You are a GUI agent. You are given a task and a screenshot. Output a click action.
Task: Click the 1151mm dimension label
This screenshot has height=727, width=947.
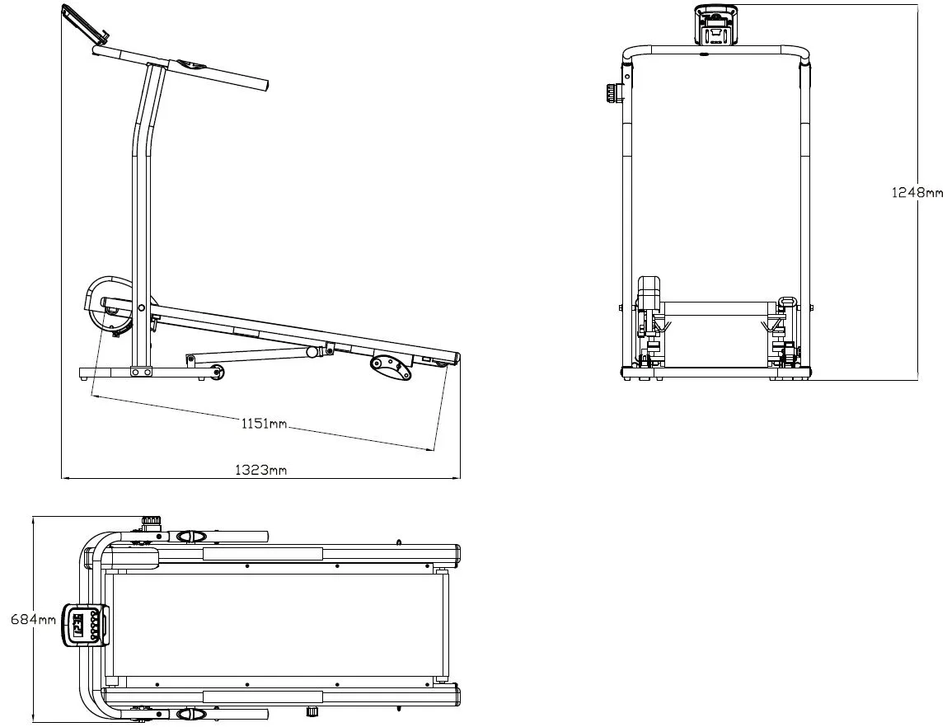pos(264,424)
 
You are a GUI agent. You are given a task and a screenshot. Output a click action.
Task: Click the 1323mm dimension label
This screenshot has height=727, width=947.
pos(261,470)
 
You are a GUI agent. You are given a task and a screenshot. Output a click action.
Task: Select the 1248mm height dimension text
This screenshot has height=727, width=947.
pos(917,192)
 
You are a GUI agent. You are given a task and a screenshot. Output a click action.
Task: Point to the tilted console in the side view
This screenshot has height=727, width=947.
pos(87,26)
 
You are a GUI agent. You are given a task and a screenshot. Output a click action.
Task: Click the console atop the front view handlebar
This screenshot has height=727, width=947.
pos(715,26)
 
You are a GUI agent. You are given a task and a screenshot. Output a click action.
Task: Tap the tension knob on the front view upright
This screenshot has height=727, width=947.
pos(612,94)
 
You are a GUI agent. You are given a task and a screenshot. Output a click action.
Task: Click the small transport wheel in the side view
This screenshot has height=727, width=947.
pos(217,373)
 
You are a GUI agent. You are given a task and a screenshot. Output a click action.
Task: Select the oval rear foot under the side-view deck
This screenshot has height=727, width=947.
pos(390,368)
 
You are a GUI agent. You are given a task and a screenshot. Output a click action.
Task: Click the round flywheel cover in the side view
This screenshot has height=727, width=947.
pos(107,303)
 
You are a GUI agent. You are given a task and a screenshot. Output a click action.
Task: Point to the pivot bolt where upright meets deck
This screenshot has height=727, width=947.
pos(142,307)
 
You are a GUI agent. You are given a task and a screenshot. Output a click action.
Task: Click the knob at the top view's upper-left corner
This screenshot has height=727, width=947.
pos(152,522)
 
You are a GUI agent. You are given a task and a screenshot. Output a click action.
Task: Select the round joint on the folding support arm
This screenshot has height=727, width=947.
pos(312,352)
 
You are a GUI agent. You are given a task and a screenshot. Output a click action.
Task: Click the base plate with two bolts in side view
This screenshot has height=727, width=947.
pos(143,372)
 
